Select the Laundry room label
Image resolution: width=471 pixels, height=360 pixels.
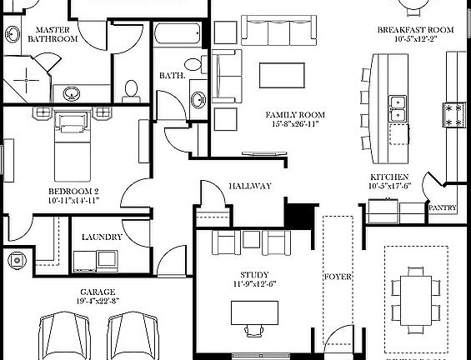click(103, 237)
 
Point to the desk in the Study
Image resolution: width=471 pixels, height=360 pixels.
click(255, 312)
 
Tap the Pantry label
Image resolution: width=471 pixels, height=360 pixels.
click(442, 208)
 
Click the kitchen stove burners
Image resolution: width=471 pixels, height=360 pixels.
click(454, 114)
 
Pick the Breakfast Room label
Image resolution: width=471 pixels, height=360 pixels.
click(414, 30)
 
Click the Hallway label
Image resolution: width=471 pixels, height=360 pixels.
click(250, 186)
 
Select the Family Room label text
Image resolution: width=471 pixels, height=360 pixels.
click(295, 115)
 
